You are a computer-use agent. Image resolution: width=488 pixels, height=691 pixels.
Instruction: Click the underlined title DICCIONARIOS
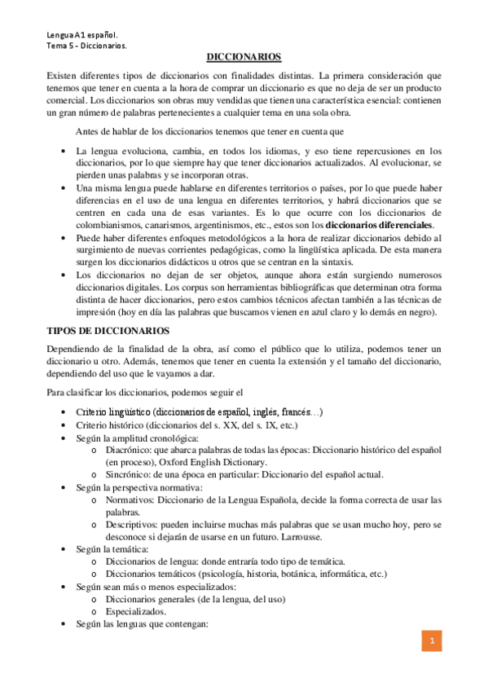coord(244,57)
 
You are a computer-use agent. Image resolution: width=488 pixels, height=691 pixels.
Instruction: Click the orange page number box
coord(433,641)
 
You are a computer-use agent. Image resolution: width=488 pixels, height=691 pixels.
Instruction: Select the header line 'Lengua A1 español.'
coord(82,35)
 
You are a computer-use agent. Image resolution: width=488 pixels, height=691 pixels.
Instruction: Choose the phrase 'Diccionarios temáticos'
coord(156,574)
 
